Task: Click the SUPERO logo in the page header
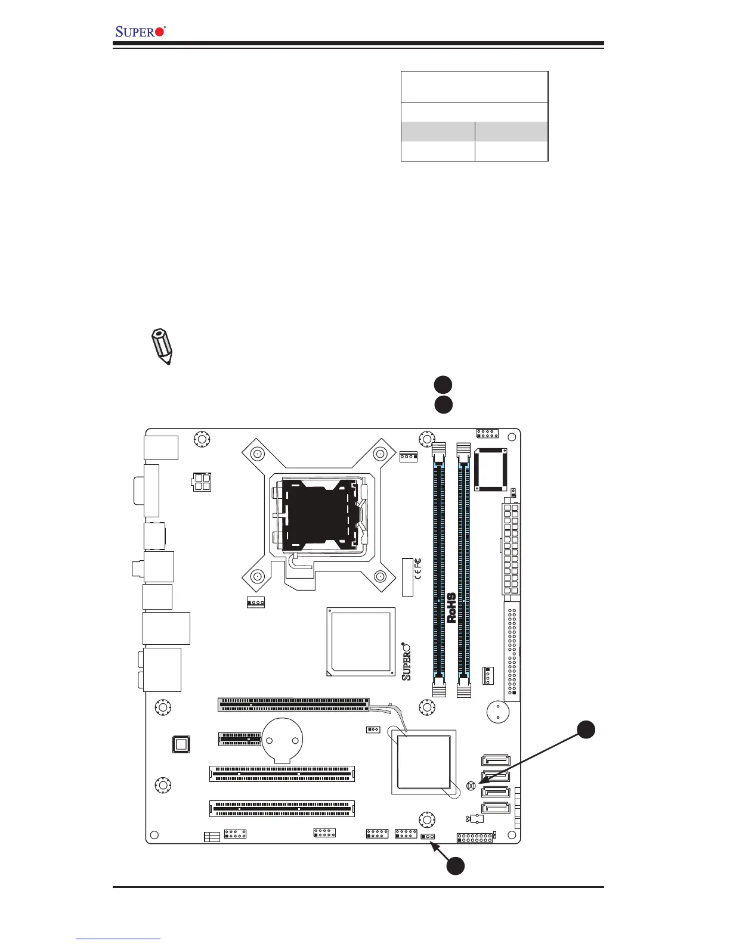click(140, 31)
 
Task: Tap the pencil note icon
click(161, 345)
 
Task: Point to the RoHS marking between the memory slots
click(451, 607)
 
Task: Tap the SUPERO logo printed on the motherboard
click(407, 661)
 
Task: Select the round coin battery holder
click(283, 739)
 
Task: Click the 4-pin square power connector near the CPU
click(202, 482)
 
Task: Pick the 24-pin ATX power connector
click(511, 548)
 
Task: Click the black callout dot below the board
click(456, 866)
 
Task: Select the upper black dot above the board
click(443, 384)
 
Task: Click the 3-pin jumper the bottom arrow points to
click(428, 836)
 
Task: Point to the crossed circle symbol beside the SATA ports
click(471, 786)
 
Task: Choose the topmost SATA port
click(495, 760)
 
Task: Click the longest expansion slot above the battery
click(293, 704)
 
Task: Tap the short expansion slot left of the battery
click(239, 739)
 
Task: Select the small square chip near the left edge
click(181, 744)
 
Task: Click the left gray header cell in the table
click(438, 131)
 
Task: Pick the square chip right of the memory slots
click(490, 470)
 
